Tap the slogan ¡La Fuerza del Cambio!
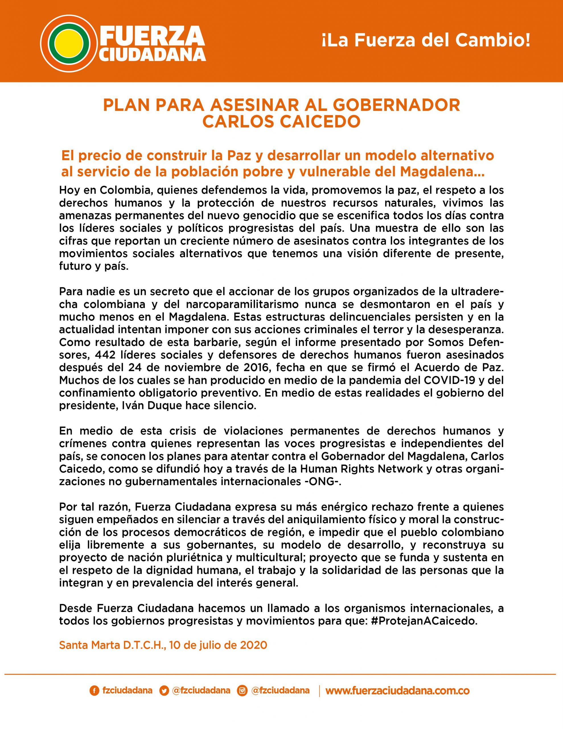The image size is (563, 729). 426,40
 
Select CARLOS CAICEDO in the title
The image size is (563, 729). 281,122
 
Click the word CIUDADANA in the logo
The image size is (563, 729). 152,54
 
